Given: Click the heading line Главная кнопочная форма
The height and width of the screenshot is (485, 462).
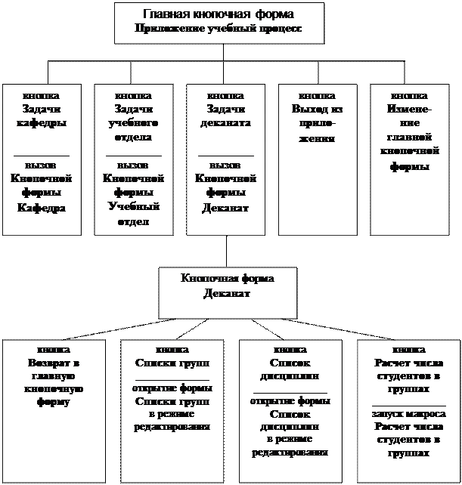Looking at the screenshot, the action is pyautogui.click(x=219, y=14).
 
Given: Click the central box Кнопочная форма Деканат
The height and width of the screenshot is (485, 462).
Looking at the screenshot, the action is pyautogui.click(x=228, y=291).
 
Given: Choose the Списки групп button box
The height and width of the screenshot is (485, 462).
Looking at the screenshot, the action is pyautogui.click(x=172, y=412).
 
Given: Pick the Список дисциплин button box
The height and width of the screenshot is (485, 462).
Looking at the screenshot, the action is pyautogui.click(x=290, y=412).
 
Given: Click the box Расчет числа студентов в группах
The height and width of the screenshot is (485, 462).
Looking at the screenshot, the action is pyautogui.click(x=408, y=412).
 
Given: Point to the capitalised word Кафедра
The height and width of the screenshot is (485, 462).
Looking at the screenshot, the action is pyautogui.click(x=42, y=207).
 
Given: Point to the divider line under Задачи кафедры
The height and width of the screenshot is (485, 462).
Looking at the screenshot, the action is pyautogui.click(x=42, y=155).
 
